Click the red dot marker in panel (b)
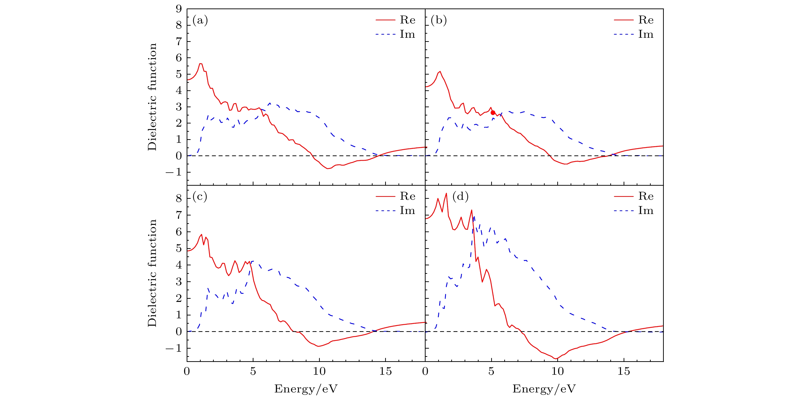click(493, 113)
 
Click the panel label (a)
click(200, 20)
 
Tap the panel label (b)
click(439, 20)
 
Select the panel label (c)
click(200, 197)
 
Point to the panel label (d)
click(460, 197)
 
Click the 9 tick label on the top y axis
click(179, 9)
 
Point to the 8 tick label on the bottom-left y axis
click(179, 198)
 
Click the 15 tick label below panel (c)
click(385, 372)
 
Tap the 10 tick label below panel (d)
click(558, 372)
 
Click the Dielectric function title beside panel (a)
click(152, 97)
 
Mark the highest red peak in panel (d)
click(446, 193)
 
